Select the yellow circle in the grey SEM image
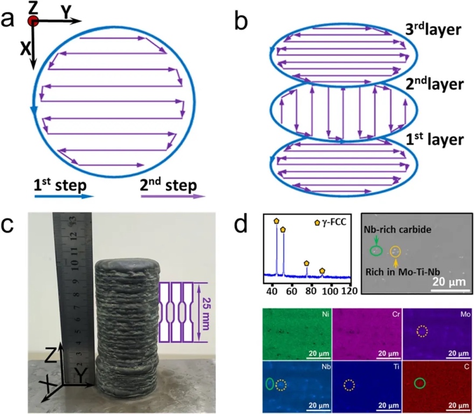click(396, 251)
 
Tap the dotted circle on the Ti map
click(349, 385)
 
